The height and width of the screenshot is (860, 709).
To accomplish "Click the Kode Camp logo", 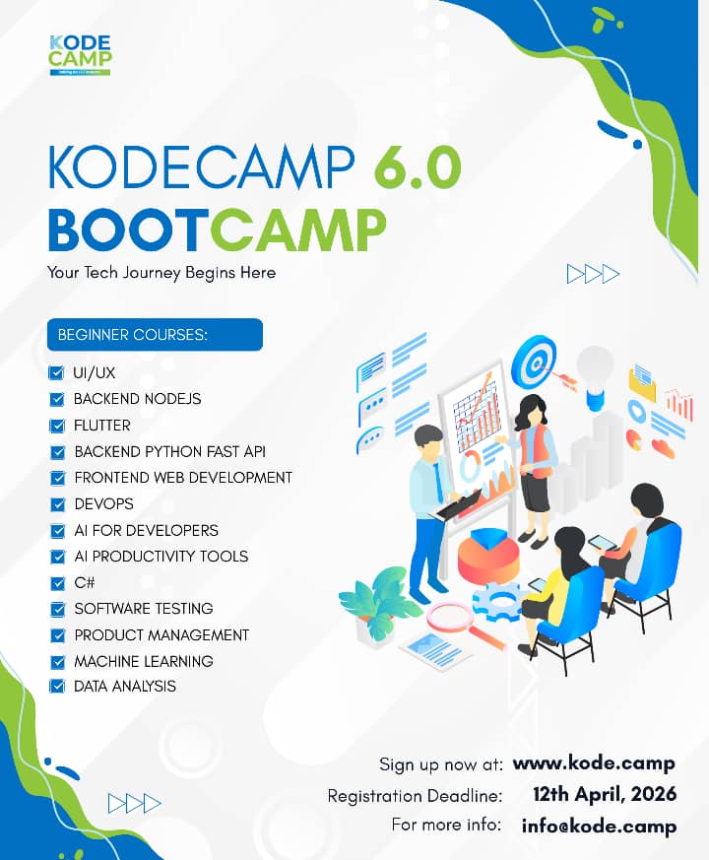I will pyautogui.click(x=79, y=54).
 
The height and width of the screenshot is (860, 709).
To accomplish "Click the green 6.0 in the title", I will pyautogui.click(x=417, y=168).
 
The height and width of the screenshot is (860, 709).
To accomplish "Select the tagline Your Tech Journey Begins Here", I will pyautogui.click(x=161, y=272).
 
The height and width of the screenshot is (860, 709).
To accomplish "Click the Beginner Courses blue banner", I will pyautogui.click(x=155, y=334).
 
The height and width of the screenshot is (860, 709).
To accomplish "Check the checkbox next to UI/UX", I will pyautogui.click(x=56, y=373).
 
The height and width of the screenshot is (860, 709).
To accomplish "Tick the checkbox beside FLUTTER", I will pyautogui.click(x=56, y=426).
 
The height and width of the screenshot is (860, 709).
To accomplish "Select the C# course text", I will pyautogui.click(x=85, y=582).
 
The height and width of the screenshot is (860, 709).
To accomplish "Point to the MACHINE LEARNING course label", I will pyautogui.click(x=144, y=661).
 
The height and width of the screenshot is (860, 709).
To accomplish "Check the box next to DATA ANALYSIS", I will pyautogui.click(x=56, y=687).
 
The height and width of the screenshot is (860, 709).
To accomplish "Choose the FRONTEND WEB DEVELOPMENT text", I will pyautogui.click(x=183, y=478).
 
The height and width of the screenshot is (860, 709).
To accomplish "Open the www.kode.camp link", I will pyautogui.click(x=594, y=763).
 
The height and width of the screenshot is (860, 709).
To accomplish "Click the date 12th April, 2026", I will pyautogui.click(x=604, y=795).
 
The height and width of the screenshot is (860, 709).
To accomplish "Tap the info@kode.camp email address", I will pyautogui.click(x=599, y=826).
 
